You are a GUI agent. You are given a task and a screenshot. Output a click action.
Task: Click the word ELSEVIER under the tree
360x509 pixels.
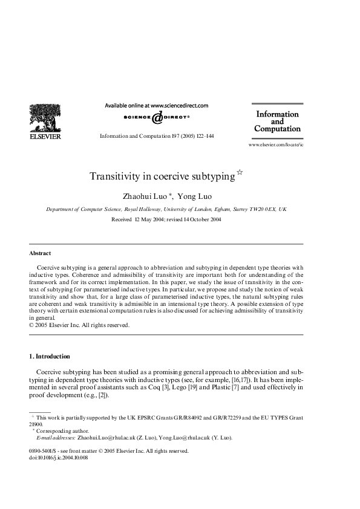(x=45, y=137)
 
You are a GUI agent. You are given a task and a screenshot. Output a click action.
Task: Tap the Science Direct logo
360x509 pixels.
(x=157, y=117)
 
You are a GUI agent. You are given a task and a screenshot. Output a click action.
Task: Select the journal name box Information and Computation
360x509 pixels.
(x=277, y=121)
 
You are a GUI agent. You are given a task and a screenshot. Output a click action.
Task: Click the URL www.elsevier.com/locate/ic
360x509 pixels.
(x=276, y=146)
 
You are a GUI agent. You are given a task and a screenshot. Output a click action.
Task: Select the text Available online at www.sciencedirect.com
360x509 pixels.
(x=157, y=105)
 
